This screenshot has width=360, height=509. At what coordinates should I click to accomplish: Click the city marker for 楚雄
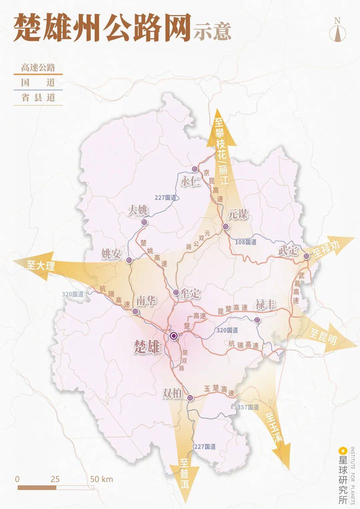pyautogui.click(x=173, y=336)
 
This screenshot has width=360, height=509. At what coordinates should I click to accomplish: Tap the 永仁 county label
pyautogui.click(x=190, y=182)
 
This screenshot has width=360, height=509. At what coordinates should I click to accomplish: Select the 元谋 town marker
pyautogui.click(x=226, y=227)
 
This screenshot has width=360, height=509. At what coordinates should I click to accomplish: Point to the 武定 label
pyautogui.click(x=288, y=250)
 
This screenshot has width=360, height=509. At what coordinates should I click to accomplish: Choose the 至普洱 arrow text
pyautogui.click(x=184, y=474)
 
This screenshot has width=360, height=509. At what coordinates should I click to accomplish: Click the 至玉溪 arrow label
pyautogui.click(x=274, y=427)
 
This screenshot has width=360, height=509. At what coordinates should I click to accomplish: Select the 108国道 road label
pyautogui.click(x=246, y=242)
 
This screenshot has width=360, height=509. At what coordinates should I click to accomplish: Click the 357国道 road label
pyautogui.click(x=248, y=407)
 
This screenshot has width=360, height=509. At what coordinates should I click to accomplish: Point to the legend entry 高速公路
pyautogui.click(x=38, y=68)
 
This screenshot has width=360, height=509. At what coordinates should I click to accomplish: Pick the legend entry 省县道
pyautogui.click(x=38, y=98)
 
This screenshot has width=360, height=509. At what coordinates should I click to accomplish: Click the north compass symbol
pyautogui.click(x=338, y=30)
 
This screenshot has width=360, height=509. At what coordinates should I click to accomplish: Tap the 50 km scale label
pyautogui.click(x=101, y=479)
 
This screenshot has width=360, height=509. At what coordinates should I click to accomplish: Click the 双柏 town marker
pyautogui.click(x=190, y=398)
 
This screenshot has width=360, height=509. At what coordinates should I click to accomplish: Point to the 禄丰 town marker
pyautogui.click(x=257, y=320)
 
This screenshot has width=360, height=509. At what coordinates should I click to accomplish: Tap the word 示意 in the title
pyautogui.click(x=212, y=32)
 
